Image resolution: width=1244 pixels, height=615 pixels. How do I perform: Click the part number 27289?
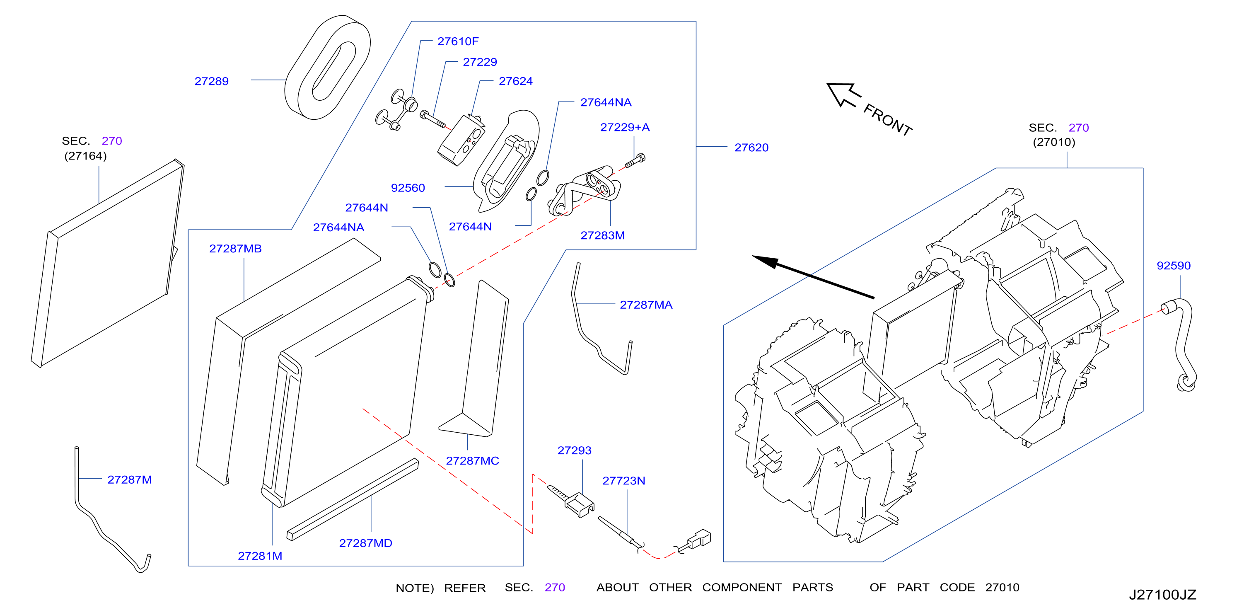tap(212, 81)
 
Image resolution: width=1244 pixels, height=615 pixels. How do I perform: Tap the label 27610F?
tap(458, 41)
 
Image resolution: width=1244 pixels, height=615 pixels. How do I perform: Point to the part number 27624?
tap(516, 81)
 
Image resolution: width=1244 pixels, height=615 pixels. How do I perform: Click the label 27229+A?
tap(625, 127)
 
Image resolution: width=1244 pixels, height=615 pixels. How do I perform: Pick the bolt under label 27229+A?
tap(635, 160)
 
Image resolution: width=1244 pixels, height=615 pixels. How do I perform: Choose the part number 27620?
tap(751, 148)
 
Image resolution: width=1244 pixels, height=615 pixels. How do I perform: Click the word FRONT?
tap(888, 120)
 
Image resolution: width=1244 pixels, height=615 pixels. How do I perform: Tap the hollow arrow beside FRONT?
tap(843, 94)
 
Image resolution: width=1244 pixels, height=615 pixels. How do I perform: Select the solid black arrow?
tap(813, 277)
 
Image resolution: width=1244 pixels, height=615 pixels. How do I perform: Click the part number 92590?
tap(1174, 266)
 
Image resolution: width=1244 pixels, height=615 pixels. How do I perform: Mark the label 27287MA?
tap(646, 305)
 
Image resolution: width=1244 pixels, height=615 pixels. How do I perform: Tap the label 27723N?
tap(623, 481)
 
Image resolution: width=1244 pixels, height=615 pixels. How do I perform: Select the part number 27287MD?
tap(365, 543)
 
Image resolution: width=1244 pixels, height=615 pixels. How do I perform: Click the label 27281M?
tap(260, 556)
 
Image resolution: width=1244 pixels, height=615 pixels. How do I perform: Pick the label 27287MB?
tap(235, 248)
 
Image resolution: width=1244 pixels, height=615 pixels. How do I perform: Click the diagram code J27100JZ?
tap(1162, 595)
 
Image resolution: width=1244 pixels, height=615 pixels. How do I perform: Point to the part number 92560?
tap(408, 188)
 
